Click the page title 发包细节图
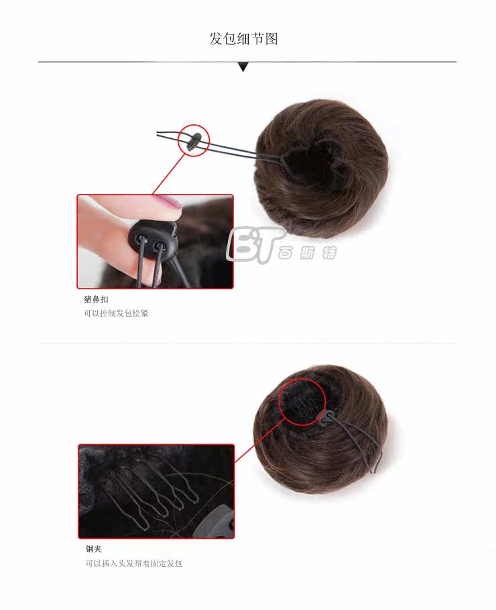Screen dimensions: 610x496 coord(243,38)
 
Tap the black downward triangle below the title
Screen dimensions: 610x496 coord(243,66)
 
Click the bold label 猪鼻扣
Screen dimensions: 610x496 coord(95,299)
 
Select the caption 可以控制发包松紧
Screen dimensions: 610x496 coord(115,313)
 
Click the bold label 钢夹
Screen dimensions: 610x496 coord(93,549)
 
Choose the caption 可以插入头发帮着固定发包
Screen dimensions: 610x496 coord(133,564)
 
